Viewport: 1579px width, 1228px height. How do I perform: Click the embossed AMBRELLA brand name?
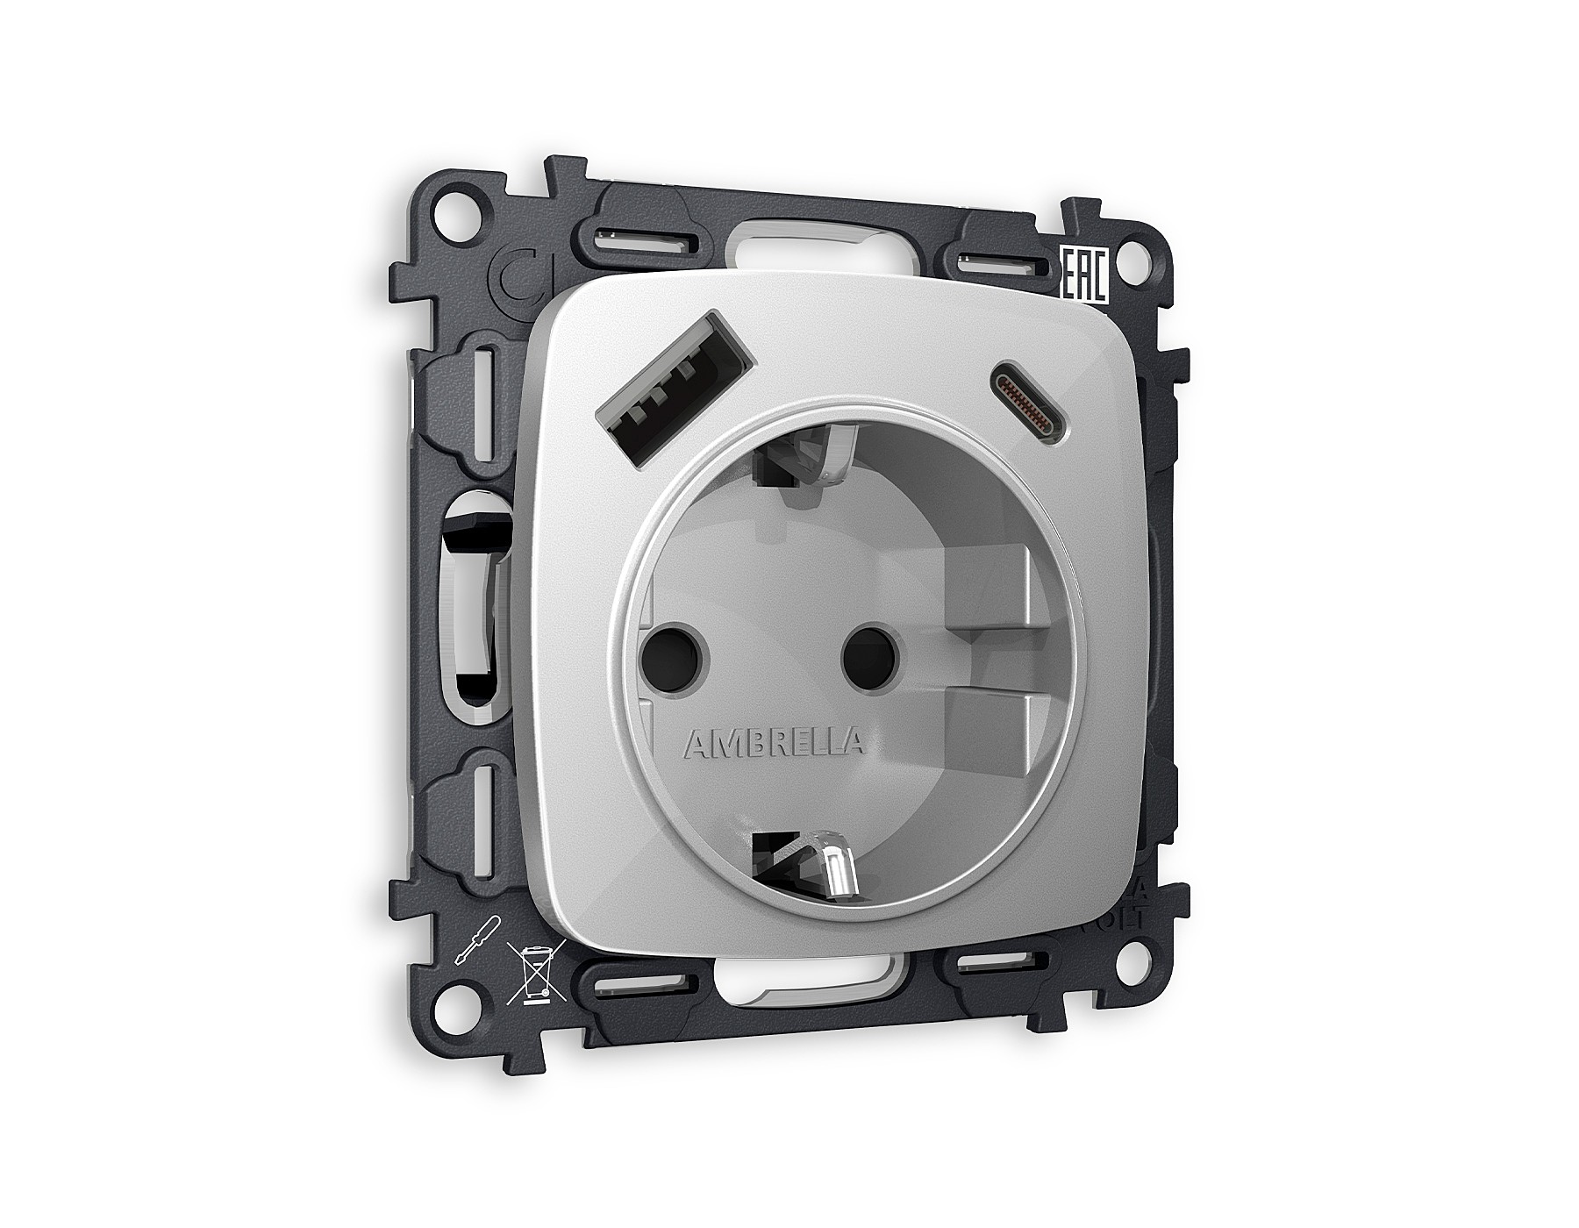[773, 743]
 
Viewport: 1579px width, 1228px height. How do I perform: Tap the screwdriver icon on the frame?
[473, 939]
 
